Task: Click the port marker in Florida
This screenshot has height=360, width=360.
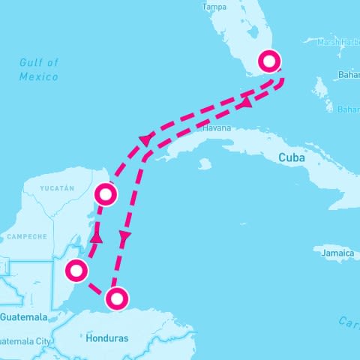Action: point(268,61)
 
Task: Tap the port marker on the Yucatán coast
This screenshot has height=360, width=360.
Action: point(106,195)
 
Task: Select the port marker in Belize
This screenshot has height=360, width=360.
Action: point(76,270)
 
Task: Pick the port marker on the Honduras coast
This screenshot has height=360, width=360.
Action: point(116,298)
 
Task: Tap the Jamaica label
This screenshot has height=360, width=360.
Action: point(337,254)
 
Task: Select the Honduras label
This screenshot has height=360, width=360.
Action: point(107,338)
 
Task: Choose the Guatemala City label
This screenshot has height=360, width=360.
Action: point(26,341)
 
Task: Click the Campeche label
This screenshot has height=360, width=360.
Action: point(27,236)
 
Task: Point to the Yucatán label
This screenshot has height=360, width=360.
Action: point(57,188)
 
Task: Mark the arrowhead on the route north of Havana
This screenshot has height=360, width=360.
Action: point(145,140)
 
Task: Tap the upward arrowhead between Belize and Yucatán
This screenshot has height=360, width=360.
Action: point(96,238)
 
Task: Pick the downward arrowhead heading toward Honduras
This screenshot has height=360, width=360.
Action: point(124,237)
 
